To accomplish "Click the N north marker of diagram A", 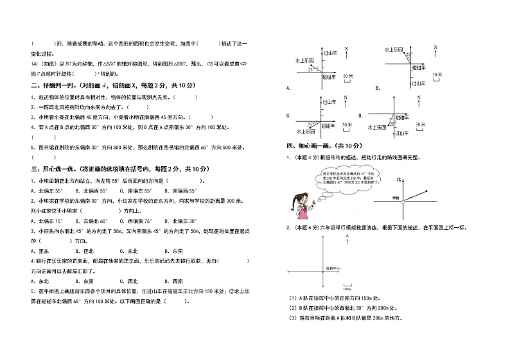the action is [x=346, y=49].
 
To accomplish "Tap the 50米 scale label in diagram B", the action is [x=437, y=75].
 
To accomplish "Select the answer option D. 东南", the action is [x=173, y=251].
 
